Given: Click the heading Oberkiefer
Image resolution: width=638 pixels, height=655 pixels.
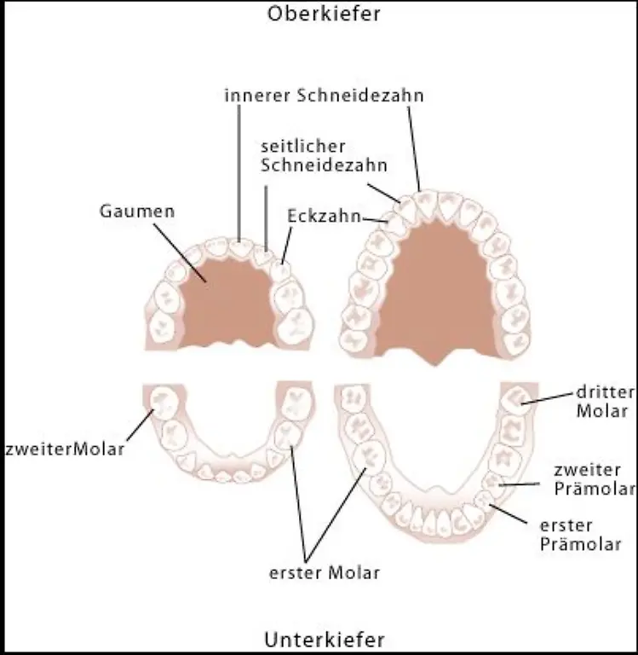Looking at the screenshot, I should click(x=323, y=14).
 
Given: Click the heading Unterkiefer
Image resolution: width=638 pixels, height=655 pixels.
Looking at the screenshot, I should click(x=324, y=639).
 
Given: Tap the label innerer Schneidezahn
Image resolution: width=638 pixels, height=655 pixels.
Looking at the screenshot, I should click(x=324, y=96).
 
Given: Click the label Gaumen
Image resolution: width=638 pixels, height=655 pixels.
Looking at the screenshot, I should click(x=137, y=211).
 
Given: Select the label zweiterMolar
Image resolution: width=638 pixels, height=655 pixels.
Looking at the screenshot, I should click(x=65, y=449).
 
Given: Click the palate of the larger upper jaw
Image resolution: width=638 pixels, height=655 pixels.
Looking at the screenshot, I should click(x=434, y=290).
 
